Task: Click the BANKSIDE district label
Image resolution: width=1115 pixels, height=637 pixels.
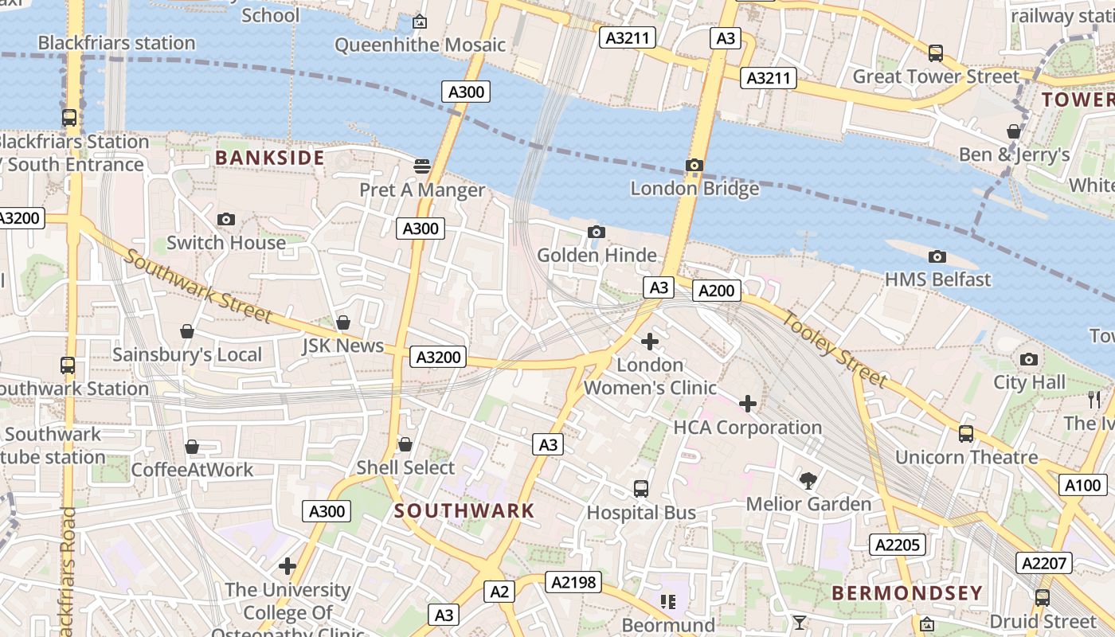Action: pyautogui.click(x=270, y=158)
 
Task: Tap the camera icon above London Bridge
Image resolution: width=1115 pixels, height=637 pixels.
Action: pyautogui.click(x=694, y=166)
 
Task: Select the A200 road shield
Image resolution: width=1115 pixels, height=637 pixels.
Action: pyautogui.click(x=716, y=291)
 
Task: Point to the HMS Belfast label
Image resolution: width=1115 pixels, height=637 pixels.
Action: pyautogui.click(x=938, y=279)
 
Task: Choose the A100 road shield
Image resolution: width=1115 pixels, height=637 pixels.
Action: pyautogui.click(x=1083, y=485)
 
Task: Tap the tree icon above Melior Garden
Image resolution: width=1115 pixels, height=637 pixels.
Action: pyautogui.click(x=808, y=481)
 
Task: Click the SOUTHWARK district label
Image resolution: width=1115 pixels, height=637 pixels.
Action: pyautogui.click(x=464, y=511)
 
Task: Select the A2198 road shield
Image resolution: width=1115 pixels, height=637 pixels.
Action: pyautogui.click(x=573, y=583)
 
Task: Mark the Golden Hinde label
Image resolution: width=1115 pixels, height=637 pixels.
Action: pyautogui.click(x=597, y=256)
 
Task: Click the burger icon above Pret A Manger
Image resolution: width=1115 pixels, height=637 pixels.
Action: pyautogui.click(x=422, y=166)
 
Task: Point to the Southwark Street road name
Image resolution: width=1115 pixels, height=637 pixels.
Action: pyautogui.click(x=198, y=288)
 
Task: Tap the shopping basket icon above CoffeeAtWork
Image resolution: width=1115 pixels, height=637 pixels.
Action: pyautogui.click(x=192, y=447)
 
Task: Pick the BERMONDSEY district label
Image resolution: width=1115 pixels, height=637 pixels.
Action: pyautogui.click(x=907, y=593)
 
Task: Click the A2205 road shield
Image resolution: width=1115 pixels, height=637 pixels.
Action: pyautogui.click(x=898, y=545)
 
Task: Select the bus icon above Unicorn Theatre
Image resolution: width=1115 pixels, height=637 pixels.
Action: pyautogui.click(x=966, y=434)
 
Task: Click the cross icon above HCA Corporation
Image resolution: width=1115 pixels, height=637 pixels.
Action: pyautogui.click(x=748, y=404)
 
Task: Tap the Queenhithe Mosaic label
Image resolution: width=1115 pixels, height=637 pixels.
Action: pyautogui.click(x=420, y=45)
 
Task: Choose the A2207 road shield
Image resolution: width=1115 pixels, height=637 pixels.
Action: pyautogui.click(x=1043, y=564)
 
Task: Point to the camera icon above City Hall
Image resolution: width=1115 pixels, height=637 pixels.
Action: pyautogui.click(x=1029, y=360)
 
